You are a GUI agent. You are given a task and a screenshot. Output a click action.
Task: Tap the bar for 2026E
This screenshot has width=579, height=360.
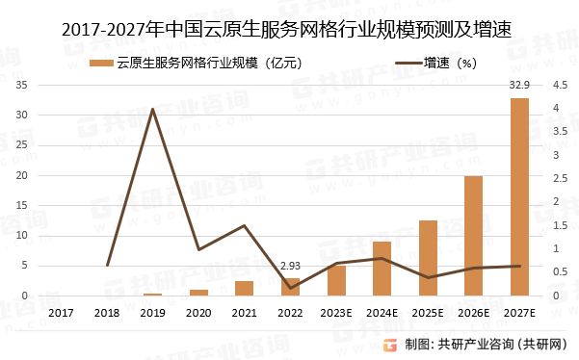(x=473, y=236)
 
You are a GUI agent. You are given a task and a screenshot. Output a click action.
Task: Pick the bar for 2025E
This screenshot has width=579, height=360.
(x=428, y=258)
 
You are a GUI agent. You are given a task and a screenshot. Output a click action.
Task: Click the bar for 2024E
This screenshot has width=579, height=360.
(x=382, y=269)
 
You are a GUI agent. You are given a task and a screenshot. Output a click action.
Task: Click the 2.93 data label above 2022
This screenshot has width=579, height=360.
(x=291, y=266)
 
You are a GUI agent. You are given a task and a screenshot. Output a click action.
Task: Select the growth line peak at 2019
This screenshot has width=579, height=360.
(x=153, y=109)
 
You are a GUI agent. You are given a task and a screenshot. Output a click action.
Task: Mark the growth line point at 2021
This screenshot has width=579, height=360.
(x=245, y=225)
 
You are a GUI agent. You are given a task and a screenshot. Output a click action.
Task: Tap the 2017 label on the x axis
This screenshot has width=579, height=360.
(x=62, y=313)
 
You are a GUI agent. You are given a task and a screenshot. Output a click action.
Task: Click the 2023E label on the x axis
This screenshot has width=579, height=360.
(x=336, y=313)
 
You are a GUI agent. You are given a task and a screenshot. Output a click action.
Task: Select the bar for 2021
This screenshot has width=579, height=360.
(x=245, y=288)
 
